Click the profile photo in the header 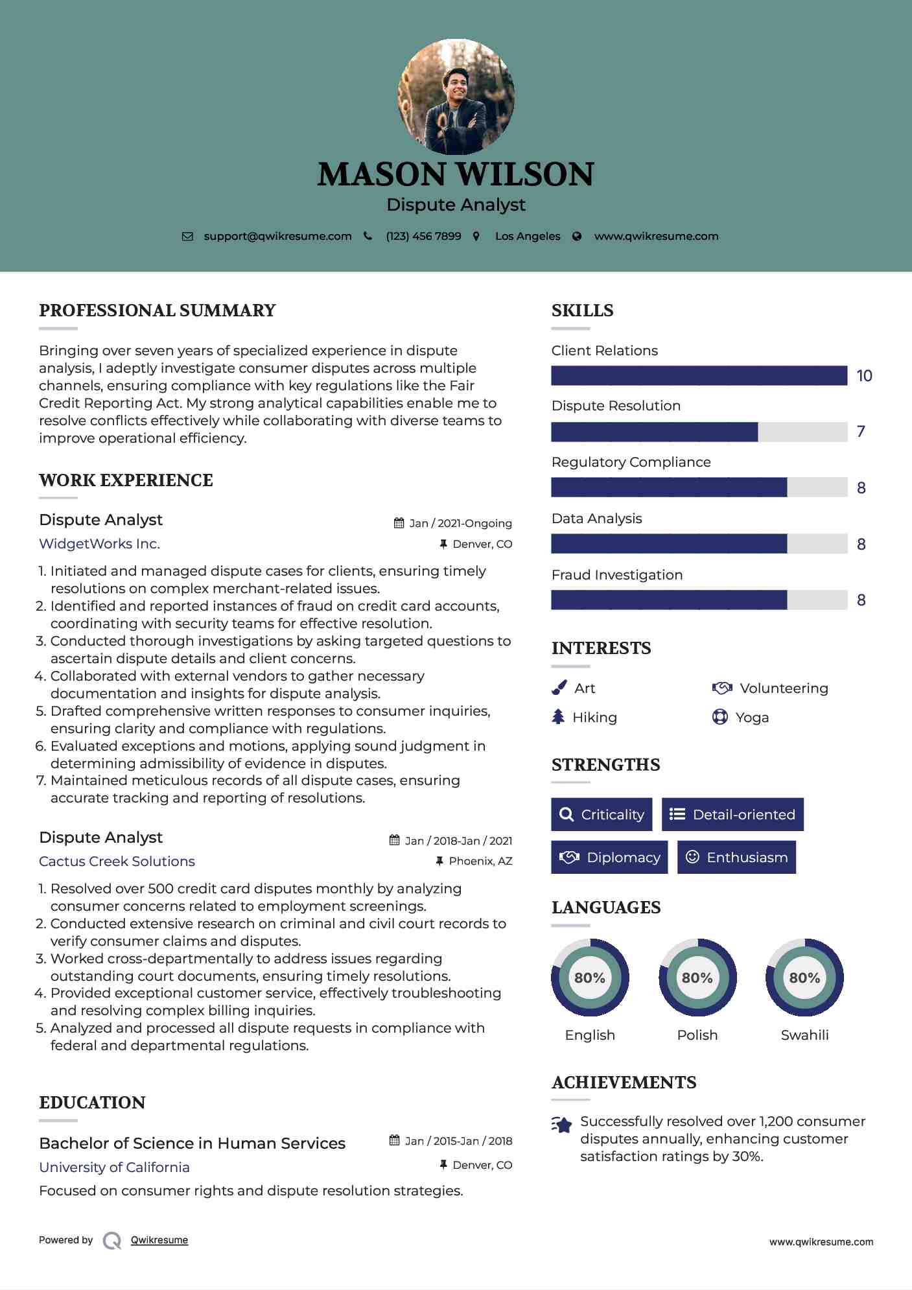coord(456,97)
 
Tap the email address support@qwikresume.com coord(277,237)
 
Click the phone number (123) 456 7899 coord(423,237)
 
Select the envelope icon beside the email coord(187,237)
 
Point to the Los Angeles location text coord(528,237)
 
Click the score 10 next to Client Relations coord(864,376)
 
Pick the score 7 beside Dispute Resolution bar coord(861,432)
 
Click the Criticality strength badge coord(602,815)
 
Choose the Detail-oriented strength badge coord(732,815)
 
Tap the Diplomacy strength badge coord(609,858)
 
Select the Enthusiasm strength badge coord(736,858)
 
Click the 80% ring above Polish coord(697,978)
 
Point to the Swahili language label coord(804,1035)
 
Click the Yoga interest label coord(752,718)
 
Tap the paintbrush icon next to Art coord(559,688)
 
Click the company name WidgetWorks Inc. coord(99,544)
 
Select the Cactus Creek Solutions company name coord(117,862)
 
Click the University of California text coord(114,1167)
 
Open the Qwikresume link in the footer coord(159,1240)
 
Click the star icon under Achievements coord(562,1125)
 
